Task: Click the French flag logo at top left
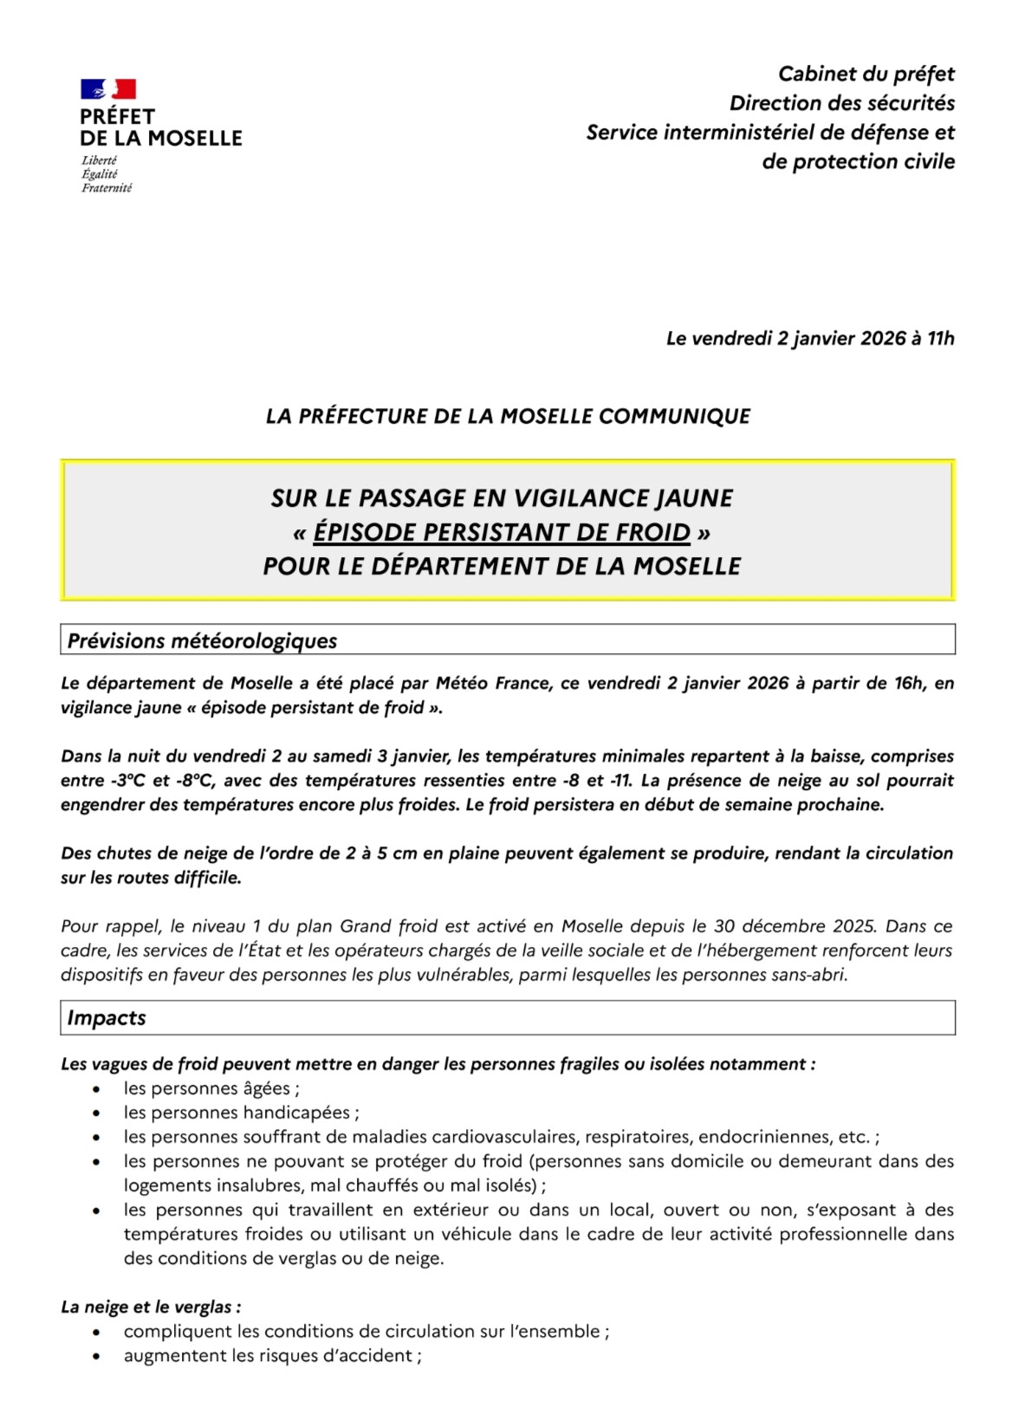[x=108, y=88]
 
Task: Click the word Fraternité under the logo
[x=107, y=188]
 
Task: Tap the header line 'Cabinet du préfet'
[x=866, y=75]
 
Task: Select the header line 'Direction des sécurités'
[x=841, y=104]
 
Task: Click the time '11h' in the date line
[x=940, y=339]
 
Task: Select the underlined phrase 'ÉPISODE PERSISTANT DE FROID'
[x=502, y=532]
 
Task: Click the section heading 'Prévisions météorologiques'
[x=202, y=641]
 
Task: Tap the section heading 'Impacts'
[x=107, y=1018]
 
